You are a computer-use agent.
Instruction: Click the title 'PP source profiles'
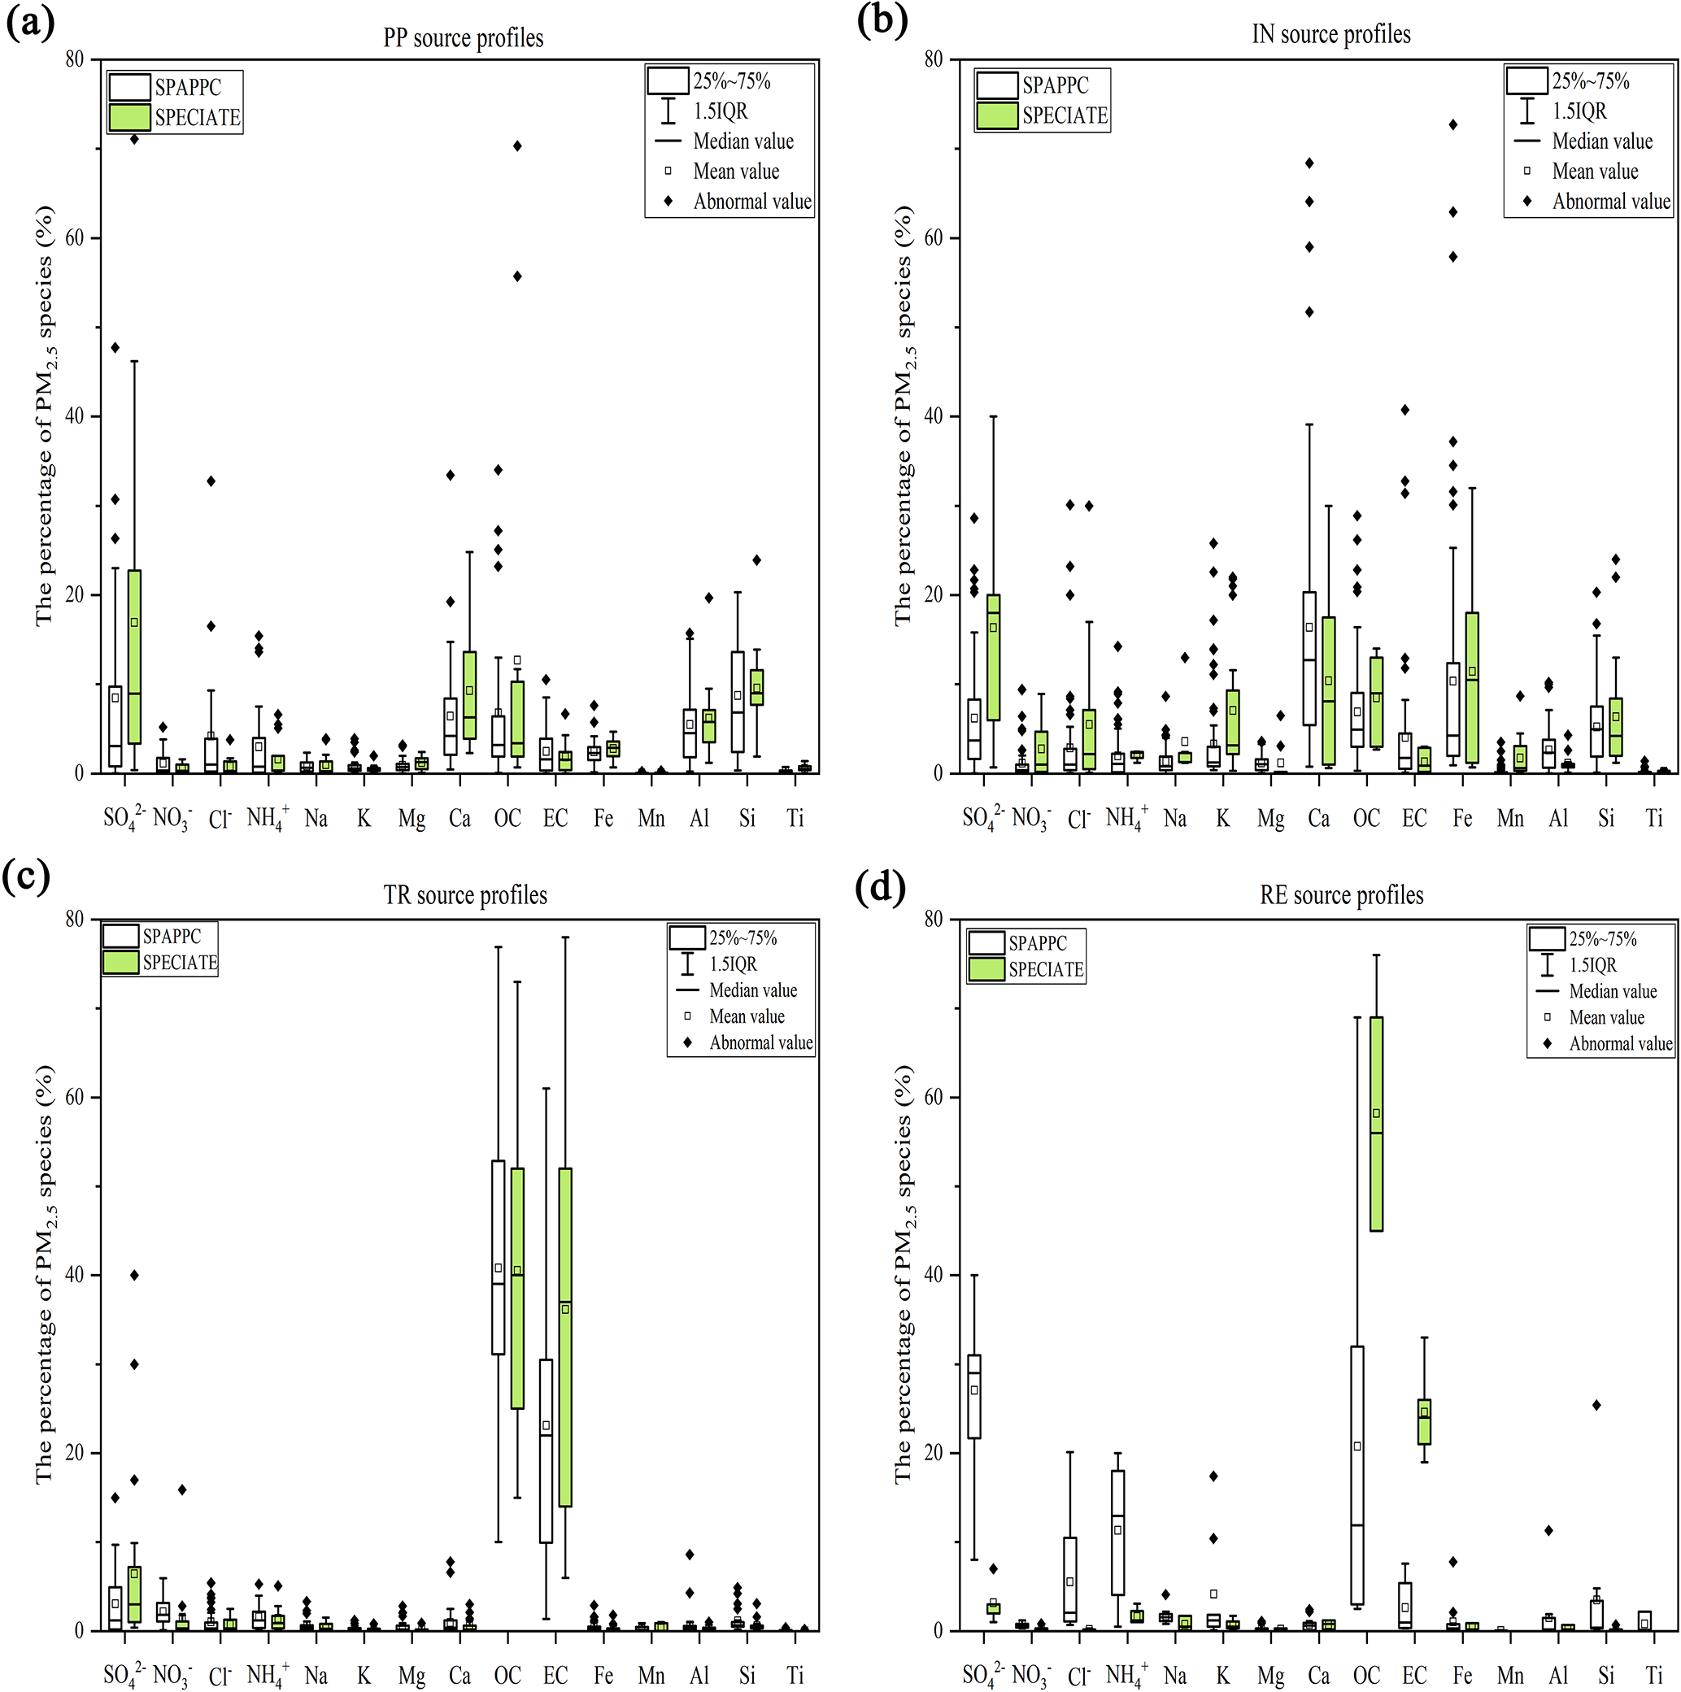coord(463,38)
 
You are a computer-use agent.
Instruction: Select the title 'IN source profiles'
coord(1330,35)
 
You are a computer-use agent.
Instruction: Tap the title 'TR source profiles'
coord(464,895)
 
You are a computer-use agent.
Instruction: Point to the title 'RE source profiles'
coord(1341,895)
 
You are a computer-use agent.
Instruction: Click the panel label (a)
coord(30,21)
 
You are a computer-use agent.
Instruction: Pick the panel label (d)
coord(883,887)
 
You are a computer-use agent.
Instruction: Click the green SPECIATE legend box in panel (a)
coord(129,117)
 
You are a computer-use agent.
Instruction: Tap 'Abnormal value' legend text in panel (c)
coord(760,1043)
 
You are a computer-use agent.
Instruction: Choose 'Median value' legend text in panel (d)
coord(1613,991)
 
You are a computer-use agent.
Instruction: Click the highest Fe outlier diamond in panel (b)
coord(1452,125)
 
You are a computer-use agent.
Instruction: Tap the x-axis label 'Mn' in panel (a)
coord(651,819)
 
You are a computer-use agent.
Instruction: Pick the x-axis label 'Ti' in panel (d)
coord(1653,1676)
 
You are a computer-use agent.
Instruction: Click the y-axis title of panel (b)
coord(904,416)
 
